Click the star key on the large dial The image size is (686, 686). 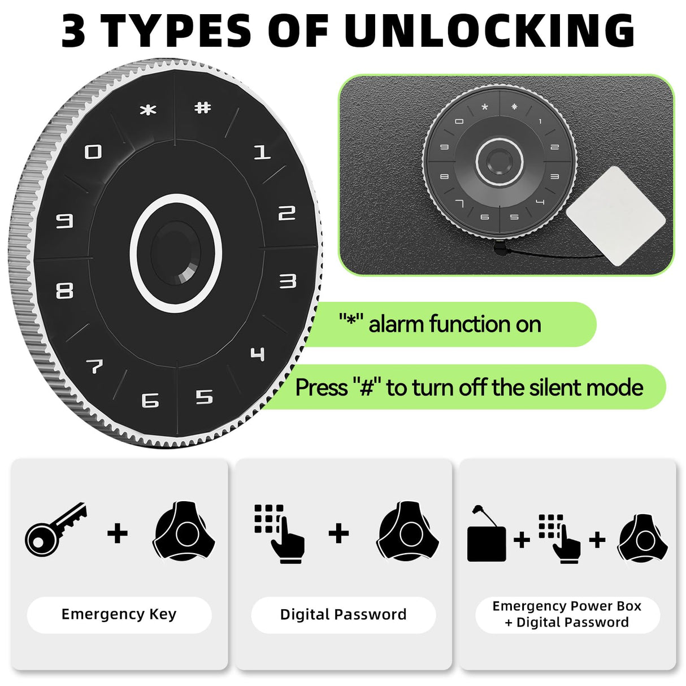[x=148, y=110]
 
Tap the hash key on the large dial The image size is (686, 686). [x=202, y=107]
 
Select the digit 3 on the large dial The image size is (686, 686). [x=288, y=281]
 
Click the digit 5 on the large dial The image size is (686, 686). [x=204, y=397]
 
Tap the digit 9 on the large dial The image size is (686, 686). [x=64, y=221]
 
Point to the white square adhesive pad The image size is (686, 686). [x=615, y=215]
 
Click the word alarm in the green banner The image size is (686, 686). [x=396, y=324]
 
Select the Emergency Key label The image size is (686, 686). [x=119, y=614]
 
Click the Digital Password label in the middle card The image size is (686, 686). [x=343, y=614]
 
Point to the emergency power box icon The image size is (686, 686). [x=487, y=541]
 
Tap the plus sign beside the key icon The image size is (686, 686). [x=118, y=533]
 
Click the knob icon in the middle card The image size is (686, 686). [x=407, y=531]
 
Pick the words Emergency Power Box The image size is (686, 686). [x=567, y=606]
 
